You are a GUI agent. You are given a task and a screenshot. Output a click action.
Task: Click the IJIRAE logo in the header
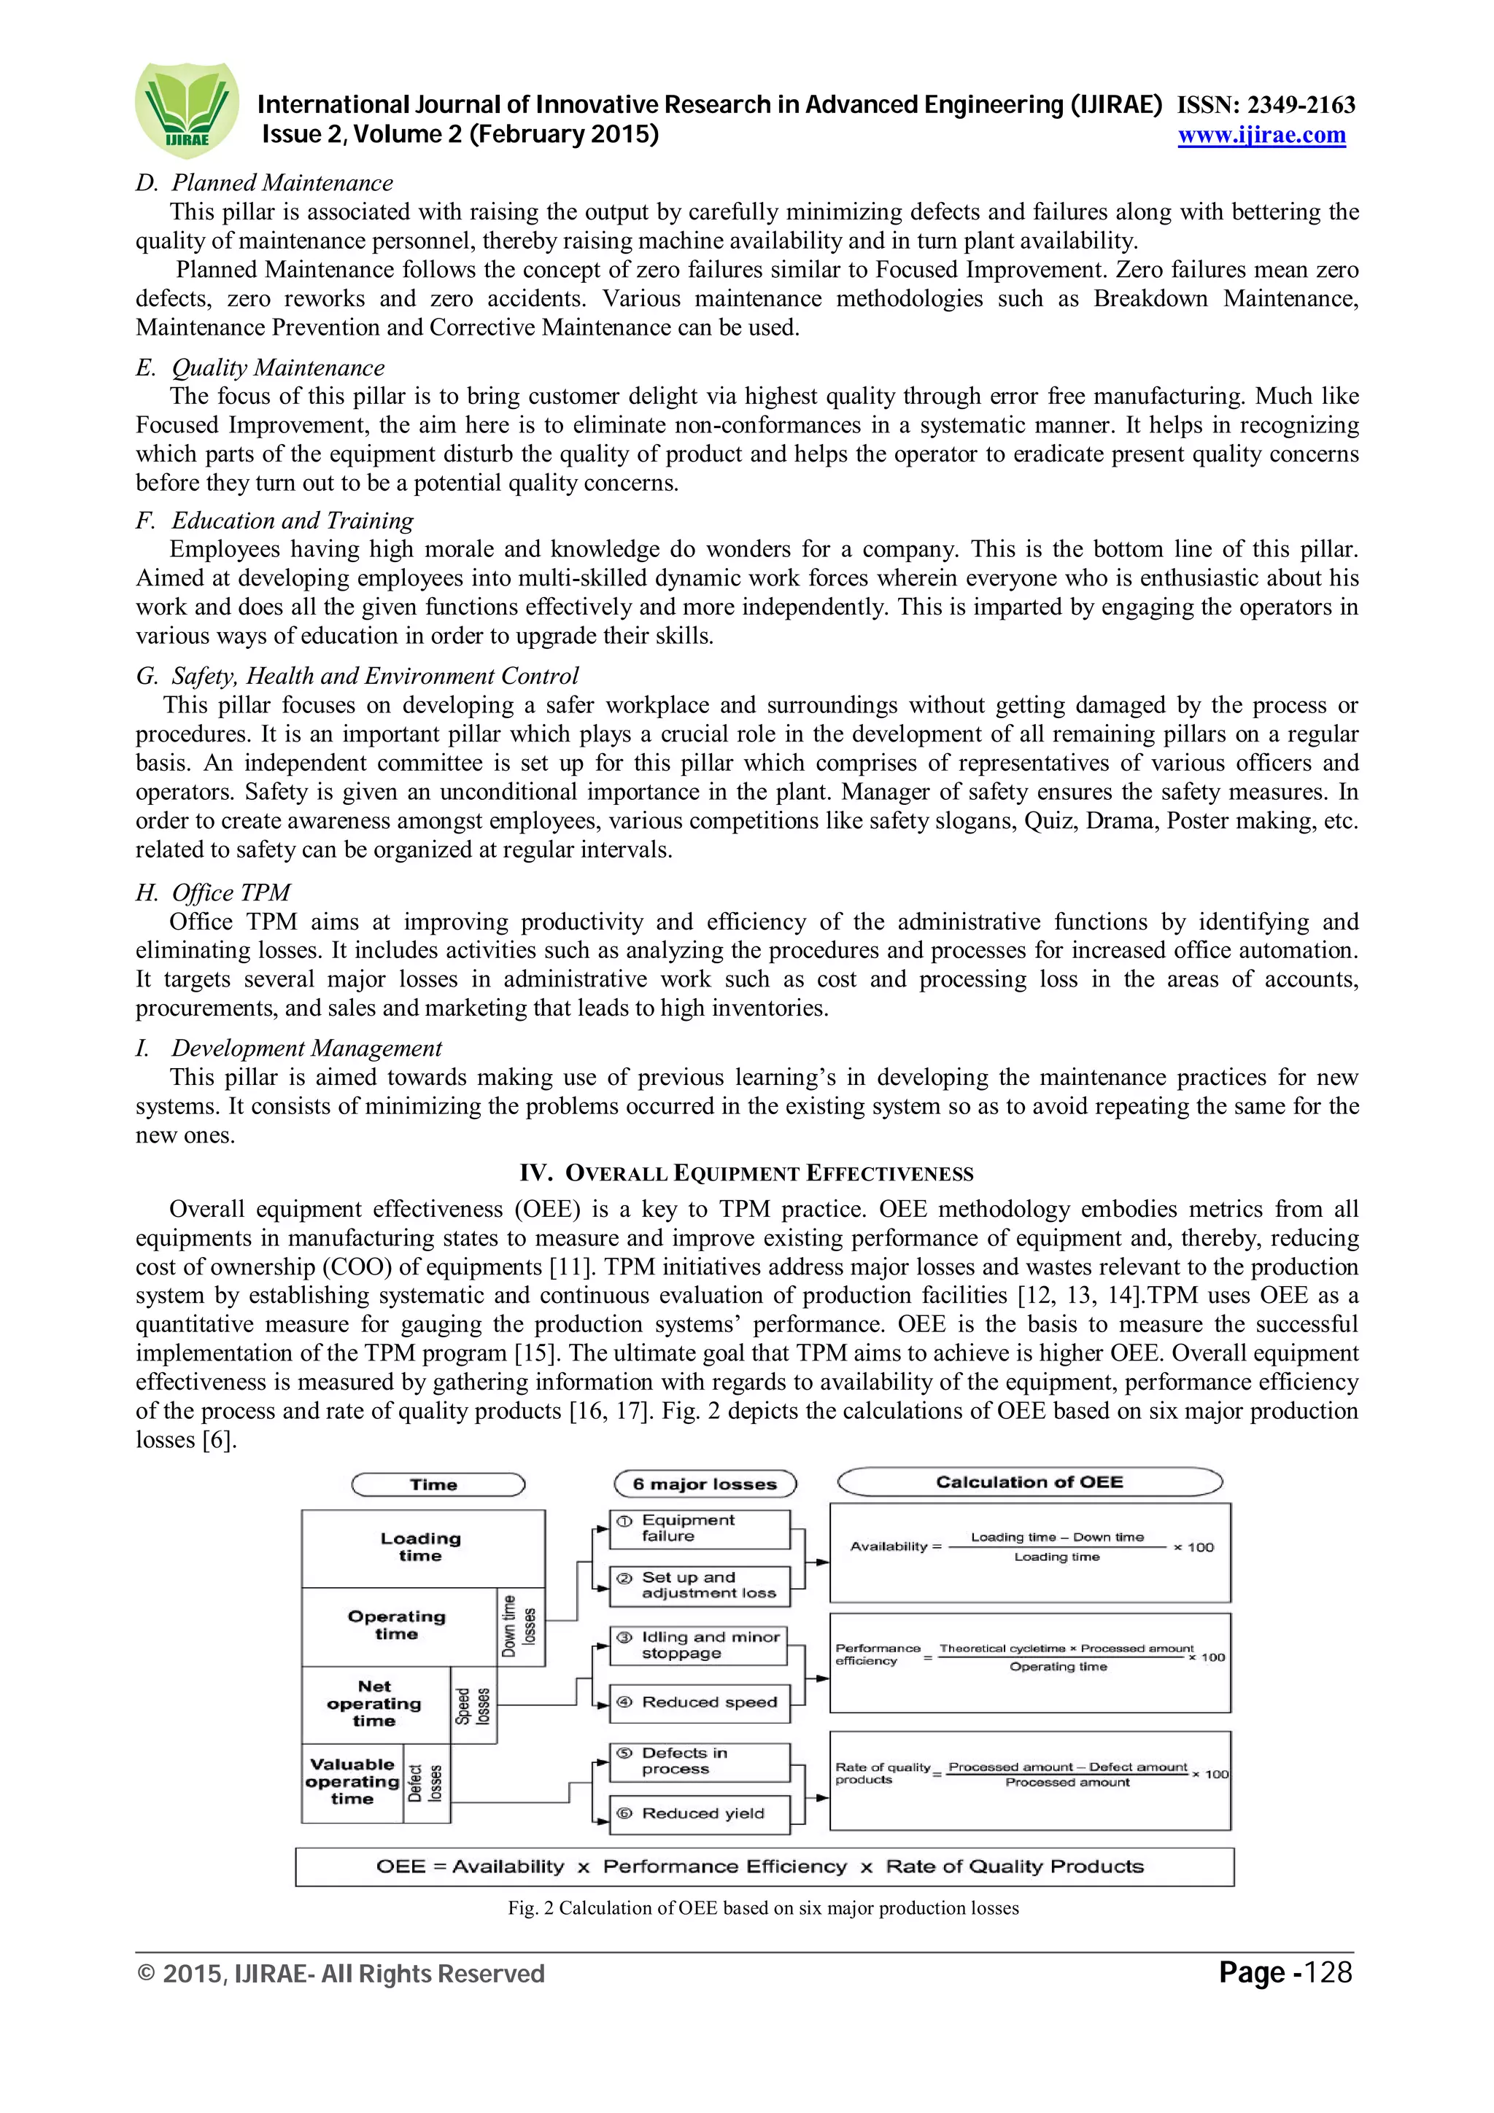[x=187, y=110]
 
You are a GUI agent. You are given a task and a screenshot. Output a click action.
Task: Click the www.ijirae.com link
[x=1261, y=136]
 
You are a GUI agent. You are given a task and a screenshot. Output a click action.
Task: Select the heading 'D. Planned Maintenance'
[x=264, y=183]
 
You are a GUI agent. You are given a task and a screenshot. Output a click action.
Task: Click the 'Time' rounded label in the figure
[x=437, y=1484]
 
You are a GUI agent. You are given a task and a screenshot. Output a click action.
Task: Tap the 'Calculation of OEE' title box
[x=1029, y=1482]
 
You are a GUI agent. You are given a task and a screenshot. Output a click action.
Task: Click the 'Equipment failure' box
[x=700, y=1529]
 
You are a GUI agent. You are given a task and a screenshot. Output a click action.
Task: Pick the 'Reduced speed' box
[x=700, y=1703]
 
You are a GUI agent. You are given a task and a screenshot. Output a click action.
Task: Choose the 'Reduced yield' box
[x=700, y=1813]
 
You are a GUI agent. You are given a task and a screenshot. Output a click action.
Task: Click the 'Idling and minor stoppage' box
[x=700, y=1646]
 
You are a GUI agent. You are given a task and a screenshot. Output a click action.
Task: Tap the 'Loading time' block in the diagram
[x=422, y=1547]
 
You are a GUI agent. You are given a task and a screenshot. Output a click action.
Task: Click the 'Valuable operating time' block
[x=352, y=1782]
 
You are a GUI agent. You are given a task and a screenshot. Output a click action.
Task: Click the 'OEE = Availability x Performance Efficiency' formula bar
[x=763, y=1867]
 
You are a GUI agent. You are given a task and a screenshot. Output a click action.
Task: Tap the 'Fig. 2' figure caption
[x=763, y=1909]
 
